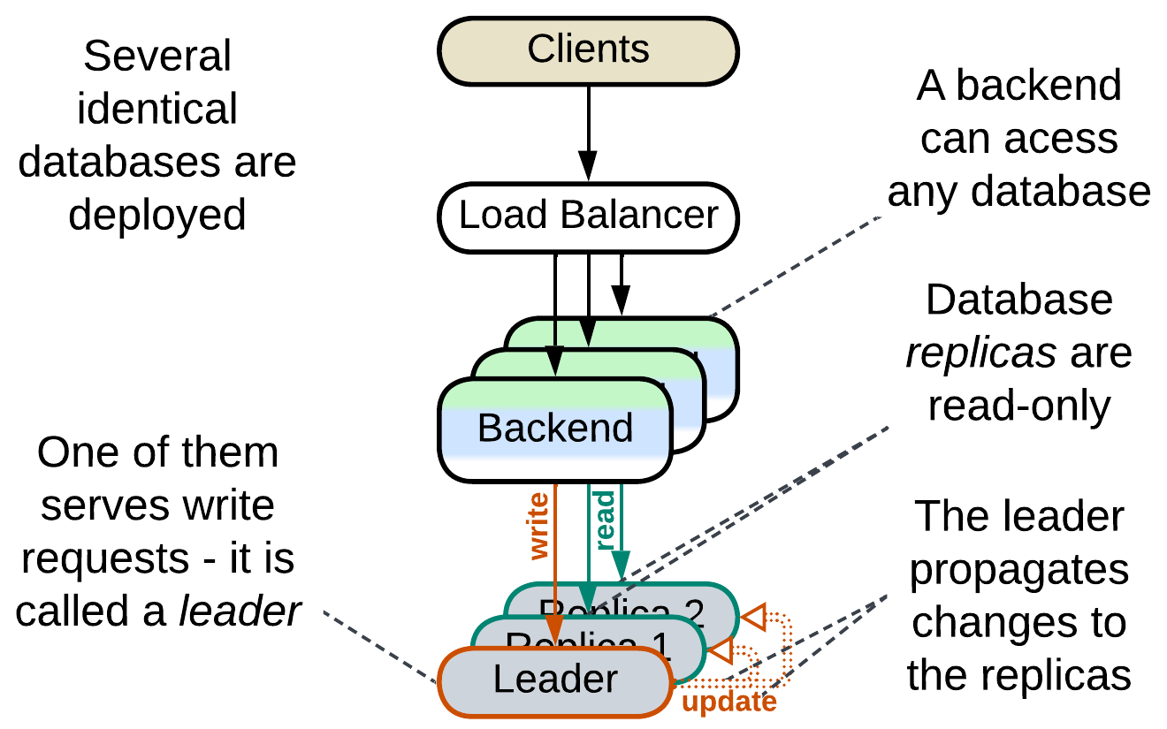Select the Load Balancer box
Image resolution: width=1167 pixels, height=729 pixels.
click(x=588, y=216)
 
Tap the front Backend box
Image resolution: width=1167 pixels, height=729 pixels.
click(x=555, y=429)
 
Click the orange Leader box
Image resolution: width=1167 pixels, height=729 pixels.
click(x=555, y=680)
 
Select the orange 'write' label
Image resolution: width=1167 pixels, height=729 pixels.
click(x=538, y=527)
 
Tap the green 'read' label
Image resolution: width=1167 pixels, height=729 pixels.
click(x=605, y=522)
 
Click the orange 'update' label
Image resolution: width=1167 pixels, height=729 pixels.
click(x=729, y=702)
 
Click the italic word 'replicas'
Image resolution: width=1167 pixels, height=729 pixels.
click(x=981, y=353)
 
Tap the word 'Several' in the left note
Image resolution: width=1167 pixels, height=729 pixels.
click(x=157, y=57)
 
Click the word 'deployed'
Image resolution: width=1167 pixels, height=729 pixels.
click(x=157, y=215)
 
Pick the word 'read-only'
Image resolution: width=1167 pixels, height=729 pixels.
click(x=1019, y=406)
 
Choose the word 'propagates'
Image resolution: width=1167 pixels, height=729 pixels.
click(x=1019, y=570)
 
